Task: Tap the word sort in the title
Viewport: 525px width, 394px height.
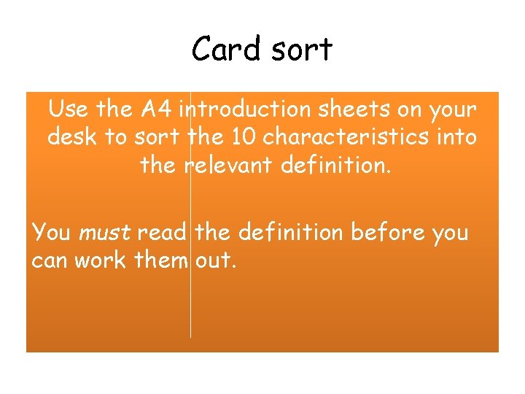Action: pyautogui.click(x=300, y=50)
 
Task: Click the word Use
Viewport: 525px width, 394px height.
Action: pyautogui.click(x=69, y=109)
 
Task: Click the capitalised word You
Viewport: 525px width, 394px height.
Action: pyautogui.click(x=50, y=233)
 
